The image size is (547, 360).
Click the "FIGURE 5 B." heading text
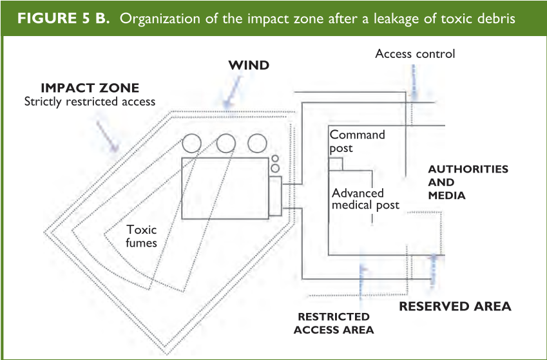coord(63,17)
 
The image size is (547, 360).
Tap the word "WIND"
coord(249,65)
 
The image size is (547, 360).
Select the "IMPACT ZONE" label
coord(90,88)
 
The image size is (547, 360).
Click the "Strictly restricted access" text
coord(90,101)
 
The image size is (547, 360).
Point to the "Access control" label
coord(415,53)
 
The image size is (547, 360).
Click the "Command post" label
coord(357,141)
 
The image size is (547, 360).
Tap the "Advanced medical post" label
coord(365,199)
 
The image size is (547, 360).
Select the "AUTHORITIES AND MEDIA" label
coord(468,182)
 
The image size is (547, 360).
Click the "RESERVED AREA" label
coord(455,306)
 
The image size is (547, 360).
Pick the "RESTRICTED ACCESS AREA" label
coord(333,323)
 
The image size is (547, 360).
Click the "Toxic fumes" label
coord(142,236)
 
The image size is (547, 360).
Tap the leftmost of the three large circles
coord(192,143)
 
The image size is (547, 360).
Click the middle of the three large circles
coord(226,143)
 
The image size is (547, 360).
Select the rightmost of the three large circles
coord(257,143)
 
